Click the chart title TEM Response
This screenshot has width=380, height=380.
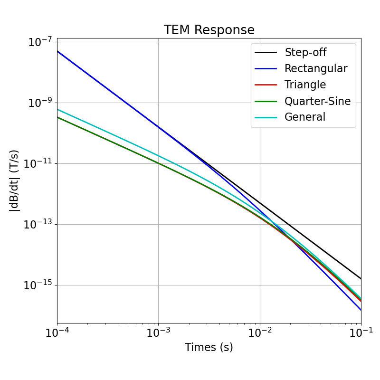pyautogui.click(x=209, y=30)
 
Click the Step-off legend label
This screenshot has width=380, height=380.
pyautogui.click(x=305, y=53)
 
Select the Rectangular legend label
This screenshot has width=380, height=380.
pyautogui.click(x=315, y=69)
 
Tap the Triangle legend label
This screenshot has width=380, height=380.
pyautogui.click(x=305, y=85)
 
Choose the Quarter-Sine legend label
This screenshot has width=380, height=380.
pyautogui.click(x=317, y=101)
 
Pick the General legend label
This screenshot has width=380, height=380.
pyautogui.click(x=304, y=117)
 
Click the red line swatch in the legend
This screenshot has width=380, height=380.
pyautogui.click(x=266, y=85)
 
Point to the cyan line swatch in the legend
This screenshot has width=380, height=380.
pyautogui.click(x=266, y=117)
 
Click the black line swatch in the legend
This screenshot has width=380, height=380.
pyautogui.click(x=266, y=53)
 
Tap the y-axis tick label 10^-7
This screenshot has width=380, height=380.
pyautogui.click(x=39, y=42)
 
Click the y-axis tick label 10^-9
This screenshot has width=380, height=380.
pyautogui.click(x=39, y=103)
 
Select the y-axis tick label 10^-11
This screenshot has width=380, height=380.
pyautogui.click(x=38, y=164)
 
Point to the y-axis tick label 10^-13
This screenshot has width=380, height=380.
pyautogui.click(x=38, y=225)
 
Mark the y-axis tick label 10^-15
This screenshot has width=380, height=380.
pyautogui.click(x=38, y=285)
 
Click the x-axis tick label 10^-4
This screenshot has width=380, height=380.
pyautogui.click(x=57, y=333)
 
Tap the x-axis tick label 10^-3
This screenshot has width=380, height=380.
pyautogui.click(x=158, y=333)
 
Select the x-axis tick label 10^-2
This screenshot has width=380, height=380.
pyautogui.click(x=260, y=333)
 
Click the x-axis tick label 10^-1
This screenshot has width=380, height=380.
pyautogui.click(x=361, y=333)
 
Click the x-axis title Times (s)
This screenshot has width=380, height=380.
pyautogui.click(x=209, y=348)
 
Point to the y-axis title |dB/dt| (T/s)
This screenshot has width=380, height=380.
pyautogui.click(x=15, y=180)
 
